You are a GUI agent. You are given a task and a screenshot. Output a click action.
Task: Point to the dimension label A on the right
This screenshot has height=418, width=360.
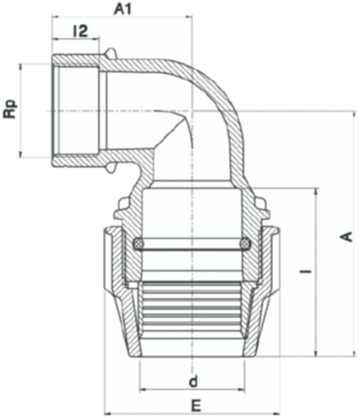(347, 237)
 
